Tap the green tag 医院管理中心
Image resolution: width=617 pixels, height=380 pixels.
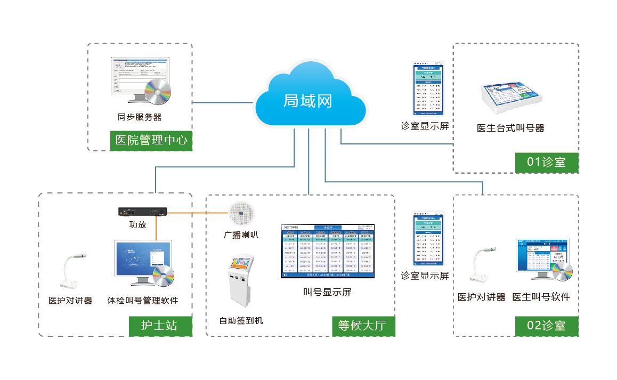pos(151,141)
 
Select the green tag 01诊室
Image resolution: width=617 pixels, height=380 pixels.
pos(546,162)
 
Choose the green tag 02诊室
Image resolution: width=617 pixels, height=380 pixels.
pos(546,325)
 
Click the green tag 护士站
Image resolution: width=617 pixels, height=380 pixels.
pos(159,325)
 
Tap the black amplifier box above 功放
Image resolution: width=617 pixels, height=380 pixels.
pos(142,212)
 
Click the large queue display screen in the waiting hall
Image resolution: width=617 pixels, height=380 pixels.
pos(328,251)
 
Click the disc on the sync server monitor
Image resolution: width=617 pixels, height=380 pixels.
pos(158,91)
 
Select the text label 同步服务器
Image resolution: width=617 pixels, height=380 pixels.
pos(140,117)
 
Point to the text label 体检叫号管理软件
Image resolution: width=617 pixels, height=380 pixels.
pos(143,301)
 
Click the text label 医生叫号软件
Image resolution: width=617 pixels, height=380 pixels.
pos(541,297)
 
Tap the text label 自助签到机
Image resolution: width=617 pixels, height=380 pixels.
pos(241,320)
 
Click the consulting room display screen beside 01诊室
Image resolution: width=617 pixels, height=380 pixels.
pos(428,89)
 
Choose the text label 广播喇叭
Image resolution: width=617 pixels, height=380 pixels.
pos(241,235)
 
